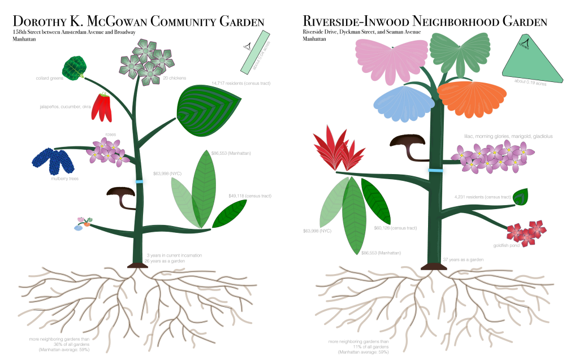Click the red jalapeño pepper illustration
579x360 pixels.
[x=102, y=107]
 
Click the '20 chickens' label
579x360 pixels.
[x=175, y=78]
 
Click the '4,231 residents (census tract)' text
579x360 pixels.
[x=482, y=197]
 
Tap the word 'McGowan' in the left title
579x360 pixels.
[x=116, y=22]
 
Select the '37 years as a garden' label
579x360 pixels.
[x=463, y=259]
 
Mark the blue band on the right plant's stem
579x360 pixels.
[x=435, y=170]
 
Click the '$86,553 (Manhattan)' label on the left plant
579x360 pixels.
[x=231, y=153]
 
